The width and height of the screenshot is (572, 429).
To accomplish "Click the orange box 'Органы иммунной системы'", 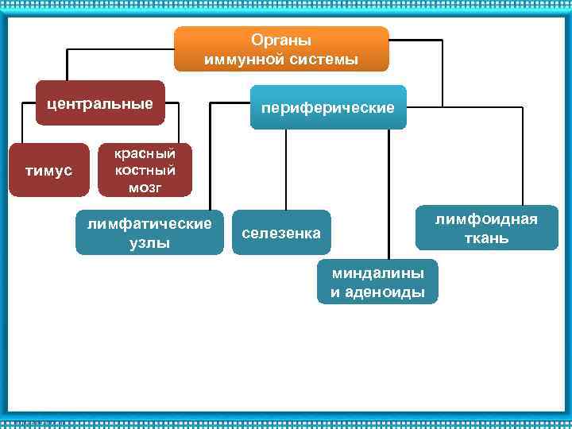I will pyautogui.click(x=281, y=48).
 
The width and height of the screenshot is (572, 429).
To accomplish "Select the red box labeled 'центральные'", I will pyautogui.click(x=100, y=103).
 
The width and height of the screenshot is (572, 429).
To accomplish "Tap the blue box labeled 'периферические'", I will pyautogui.click(x=328, y=106).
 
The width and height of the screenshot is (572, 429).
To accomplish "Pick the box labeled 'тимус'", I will pyautogui.click(x=48, y=170).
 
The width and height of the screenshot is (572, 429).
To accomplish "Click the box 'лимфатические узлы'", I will pyautogui.click(x=149, y=232).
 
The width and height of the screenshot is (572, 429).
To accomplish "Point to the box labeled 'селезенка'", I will pyautogui.click(x=280, y=232).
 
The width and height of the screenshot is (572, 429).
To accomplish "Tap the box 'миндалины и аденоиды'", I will pyautogui.click(x=377, y=281).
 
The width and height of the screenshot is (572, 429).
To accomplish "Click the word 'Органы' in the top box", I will pyautogui.click(x=281, y=40).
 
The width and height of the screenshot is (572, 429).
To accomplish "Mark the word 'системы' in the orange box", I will pyautogui.click(x=326, y=59).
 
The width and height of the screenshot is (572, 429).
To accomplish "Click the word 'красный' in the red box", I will pyautogui.click(x=145, y=153).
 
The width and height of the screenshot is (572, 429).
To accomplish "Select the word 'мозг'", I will pyautogui.click(x=145, y=187).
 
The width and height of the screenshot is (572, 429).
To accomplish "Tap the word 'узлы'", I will pyautogui.click(x=149, y=242).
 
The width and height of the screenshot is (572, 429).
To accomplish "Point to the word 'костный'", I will pyautogui.click(x=145, y=170).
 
